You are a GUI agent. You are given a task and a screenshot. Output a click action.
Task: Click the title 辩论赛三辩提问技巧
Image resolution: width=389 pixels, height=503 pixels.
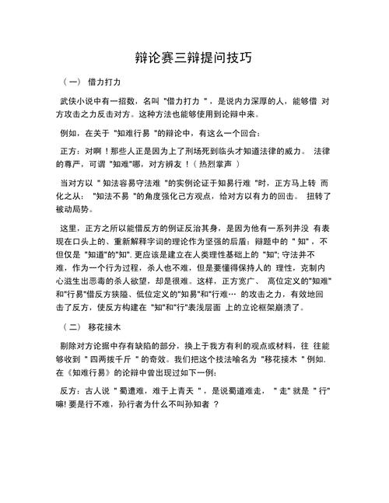coord(194,58)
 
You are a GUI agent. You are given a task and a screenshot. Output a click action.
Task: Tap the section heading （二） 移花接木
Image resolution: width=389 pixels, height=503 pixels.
coord(93,327)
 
